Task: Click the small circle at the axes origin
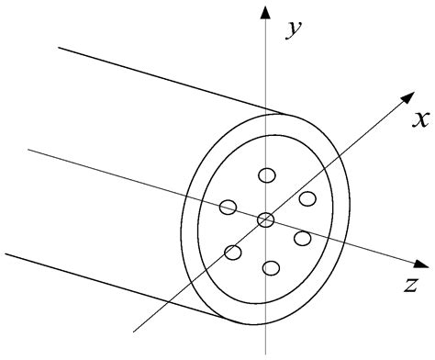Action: (265, 219)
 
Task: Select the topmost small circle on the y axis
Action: (267, 175)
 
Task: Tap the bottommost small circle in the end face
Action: (270, 268)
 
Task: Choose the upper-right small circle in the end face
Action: (307, 198)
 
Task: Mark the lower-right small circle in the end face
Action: (303, 239)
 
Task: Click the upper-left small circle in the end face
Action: (229, 207)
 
